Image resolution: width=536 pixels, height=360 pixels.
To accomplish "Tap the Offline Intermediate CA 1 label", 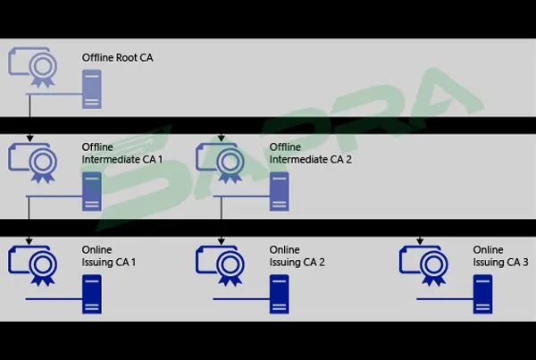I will [x=122, y=153].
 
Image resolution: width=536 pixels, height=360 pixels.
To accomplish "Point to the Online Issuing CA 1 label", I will [x=109, y=255].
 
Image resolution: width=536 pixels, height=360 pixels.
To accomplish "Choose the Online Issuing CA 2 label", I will [x=297, y=255].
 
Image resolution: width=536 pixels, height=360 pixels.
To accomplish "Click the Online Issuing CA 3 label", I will [x=500, y=255].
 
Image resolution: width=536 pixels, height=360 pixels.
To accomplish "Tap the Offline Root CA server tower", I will [x=91, y=90].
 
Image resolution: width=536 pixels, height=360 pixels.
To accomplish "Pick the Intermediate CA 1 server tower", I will [x=91, y=191].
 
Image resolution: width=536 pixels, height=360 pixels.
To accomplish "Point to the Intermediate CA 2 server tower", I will [x=279, y=191].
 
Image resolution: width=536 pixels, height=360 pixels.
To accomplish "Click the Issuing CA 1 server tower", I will [x=91, y=294].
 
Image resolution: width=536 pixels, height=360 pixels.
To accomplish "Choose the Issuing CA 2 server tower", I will [x=279, y=294].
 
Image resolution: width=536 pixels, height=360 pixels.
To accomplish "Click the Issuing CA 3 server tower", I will [x=483, y=294].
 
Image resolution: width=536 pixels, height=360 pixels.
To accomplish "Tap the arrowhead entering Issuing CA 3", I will [x=420, y=240].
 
